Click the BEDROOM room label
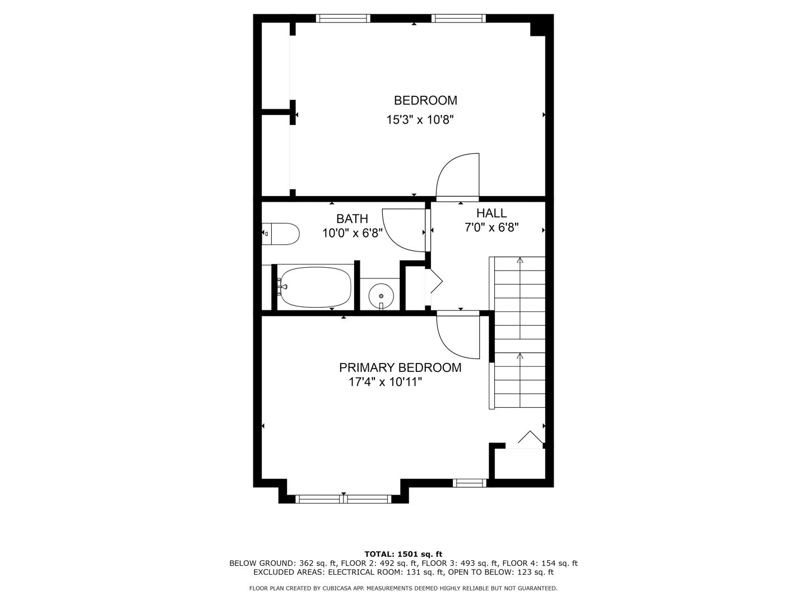coord(425,100)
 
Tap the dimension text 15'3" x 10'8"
coord(419,119)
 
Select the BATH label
coord(352,218)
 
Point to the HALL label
coord(491,213)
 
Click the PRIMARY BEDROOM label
coord(400,367)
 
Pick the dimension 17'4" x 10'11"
coord(385,382)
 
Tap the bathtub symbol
coord(316,287)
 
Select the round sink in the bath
coord(381,295)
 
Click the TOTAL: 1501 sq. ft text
coord(403,554)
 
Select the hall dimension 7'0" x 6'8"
coord(491,227)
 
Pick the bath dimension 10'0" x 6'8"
coord(352,233)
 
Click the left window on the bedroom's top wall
coord(343,18)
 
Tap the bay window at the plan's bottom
coord(343,499)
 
